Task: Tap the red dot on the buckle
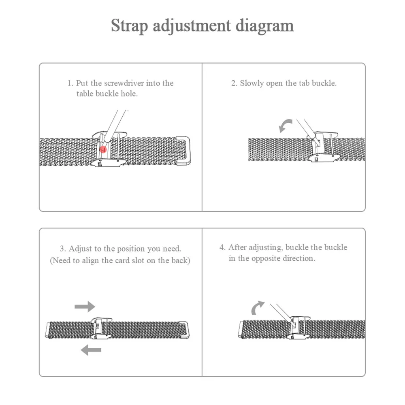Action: coord(104,149)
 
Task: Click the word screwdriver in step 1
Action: coord(127,83)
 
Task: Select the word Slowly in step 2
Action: coord(252,83)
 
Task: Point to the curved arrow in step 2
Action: coord(285,126)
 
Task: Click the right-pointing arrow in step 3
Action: coord(85,307)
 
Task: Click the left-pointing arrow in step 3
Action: coord(91,349)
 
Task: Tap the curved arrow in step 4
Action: coord(257,308)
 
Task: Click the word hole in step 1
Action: coord(129,94)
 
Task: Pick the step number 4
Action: coord(222,247)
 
